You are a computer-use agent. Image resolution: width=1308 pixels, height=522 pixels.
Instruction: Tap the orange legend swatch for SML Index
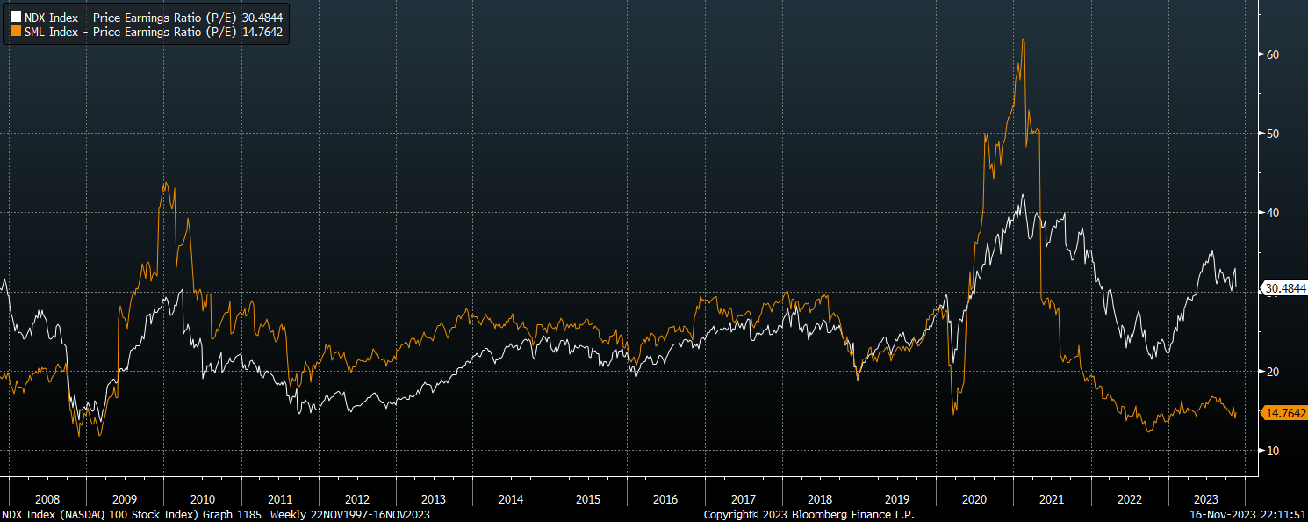pos(16,32)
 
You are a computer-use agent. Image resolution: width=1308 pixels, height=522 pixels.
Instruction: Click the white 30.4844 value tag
pos(1284,287)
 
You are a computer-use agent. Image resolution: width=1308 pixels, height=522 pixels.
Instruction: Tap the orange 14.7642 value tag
pos(1284,412)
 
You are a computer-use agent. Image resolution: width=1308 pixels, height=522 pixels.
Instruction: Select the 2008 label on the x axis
pos(47,499)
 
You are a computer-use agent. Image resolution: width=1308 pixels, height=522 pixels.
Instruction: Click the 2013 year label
pos(434,499)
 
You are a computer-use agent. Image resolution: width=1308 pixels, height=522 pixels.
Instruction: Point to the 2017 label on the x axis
pos(743,499)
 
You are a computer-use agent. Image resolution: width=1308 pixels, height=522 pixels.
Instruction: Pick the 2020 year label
pos(974,499)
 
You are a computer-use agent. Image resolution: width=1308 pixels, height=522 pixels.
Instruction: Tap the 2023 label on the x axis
pos(1206,499)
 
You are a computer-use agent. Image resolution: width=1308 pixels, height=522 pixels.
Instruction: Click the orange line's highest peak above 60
pos(1023,40)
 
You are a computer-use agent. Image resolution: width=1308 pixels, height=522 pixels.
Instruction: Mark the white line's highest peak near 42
pos(1021,195)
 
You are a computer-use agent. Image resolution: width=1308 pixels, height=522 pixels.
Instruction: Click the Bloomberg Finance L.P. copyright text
pos(809,514)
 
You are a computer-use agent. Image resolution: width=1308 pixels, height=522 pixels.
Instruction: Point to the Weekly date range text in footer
pos(350,514)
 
